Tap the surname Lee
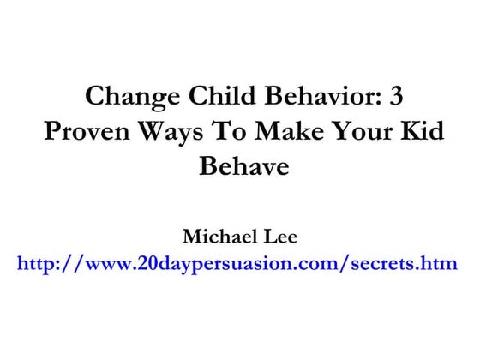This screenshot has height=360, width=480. pyautogui.click(x=278, y=235)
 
